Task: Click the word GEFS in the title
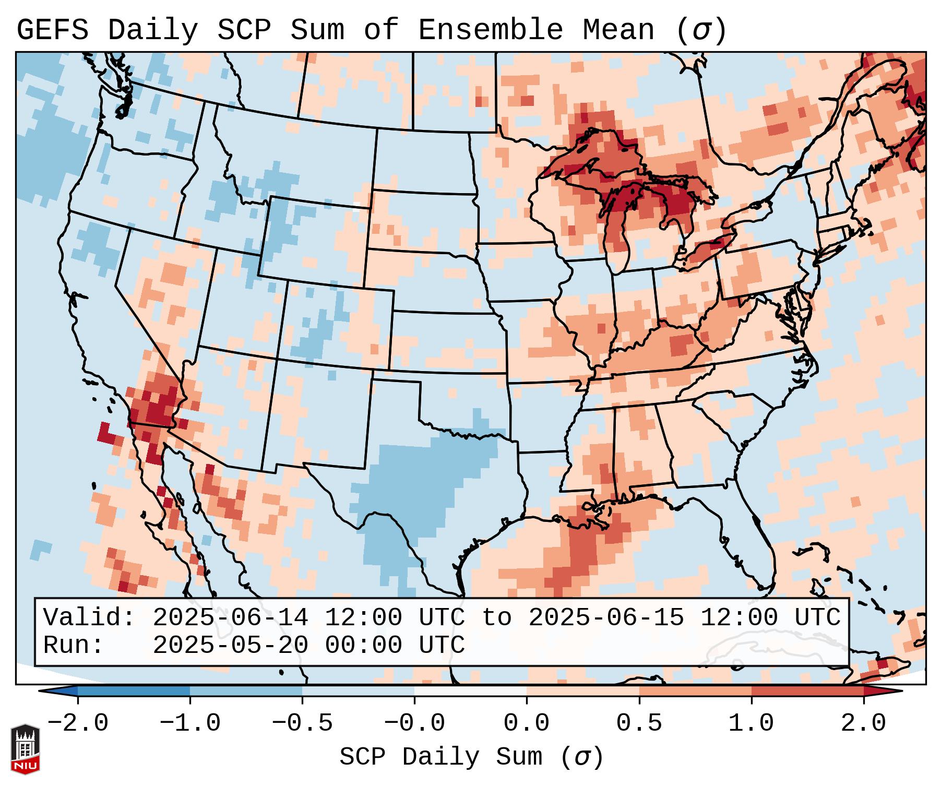pyautogui.click(x=52, y=30)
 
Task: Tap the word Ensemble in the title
pyautogui.click(x=491, y=30)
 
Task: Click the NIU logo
pyautogui.click(x=25, y=749)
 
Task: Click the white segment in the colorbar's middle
pyautogui.click(x=470, y=691)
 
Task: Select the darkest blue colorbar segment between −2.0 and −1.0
pyautogui.click(x=134, y=691)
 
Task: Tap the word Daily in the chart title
pyautogui.click(x=153, y=30)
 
